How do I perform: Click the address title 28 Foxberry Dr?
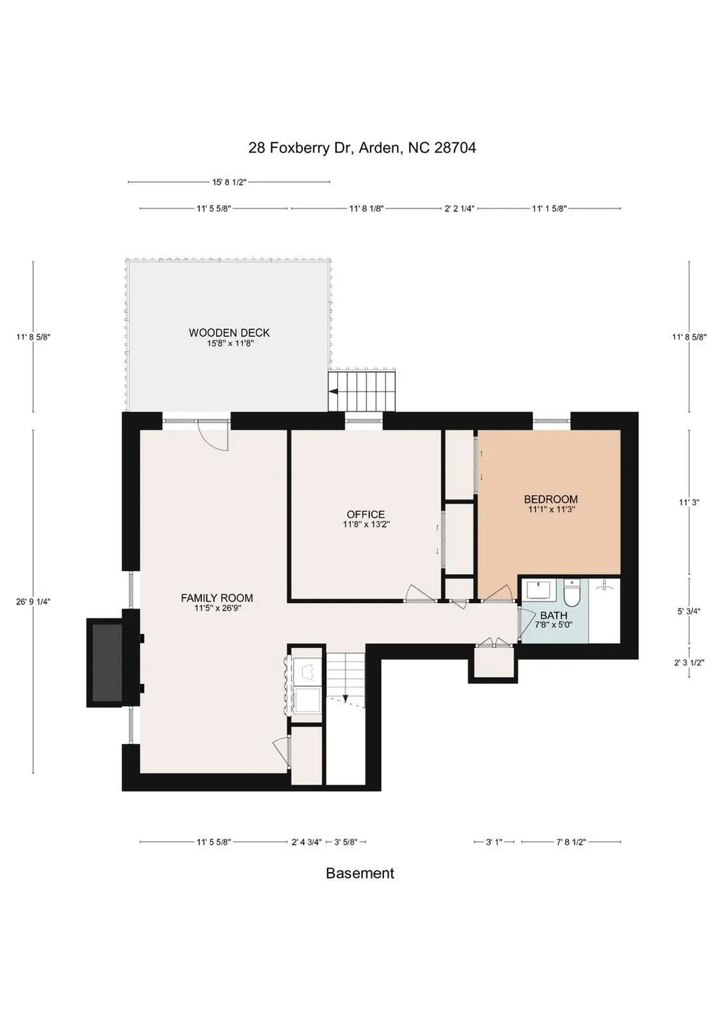[x=301, y=148]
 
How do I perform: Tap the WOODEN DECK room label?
[x=230, y=333]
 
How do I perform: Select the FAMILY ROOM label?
[x=217, y=598]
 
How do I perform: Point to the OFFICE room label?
[x=366, y=515]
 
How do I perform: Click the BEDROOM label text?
[x=551, y=499]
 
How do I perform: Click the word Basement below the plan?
[x=360, y=873]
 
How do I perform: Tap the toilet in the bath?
[x=571, y=592]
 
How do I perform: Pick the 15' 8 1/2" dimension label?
[x=230, y=182]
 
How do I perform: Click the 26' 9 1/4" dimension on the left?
[x=33, y=601]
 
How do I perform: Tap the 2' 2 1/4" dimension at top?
[x=459, y=209]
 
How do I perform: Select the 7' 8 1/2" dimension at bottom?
[x=571, y=842]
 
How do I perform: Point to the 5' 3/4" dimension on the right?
[x=689, y=611]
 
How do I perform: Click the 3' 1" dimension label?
[x=494, y=842]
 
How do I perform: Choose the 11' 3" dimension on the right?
[x=689, y=502]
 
